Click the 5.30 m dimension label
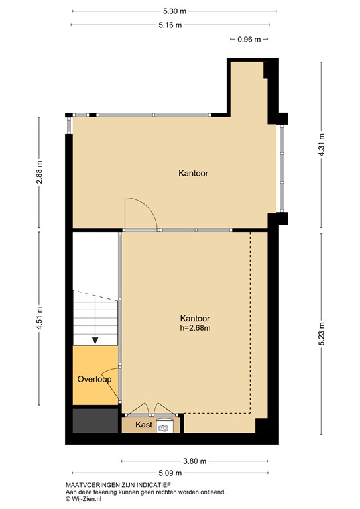pos(174,11)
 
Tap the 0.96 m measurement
pos(249,39)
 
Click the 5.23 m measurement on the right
pos(322,329)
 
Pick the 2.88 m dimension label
pos(39,172)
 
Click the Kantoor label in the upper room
pos(193,174)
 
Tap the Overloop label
pos(93,380)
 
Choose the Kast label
pos(144,425)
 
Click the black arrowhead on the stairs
pos(95,340)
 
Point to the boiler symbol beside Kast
pos(164,427)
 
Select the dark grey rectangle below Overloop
pos(92,421)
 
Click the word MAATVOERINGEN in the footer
pos(92,485)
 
